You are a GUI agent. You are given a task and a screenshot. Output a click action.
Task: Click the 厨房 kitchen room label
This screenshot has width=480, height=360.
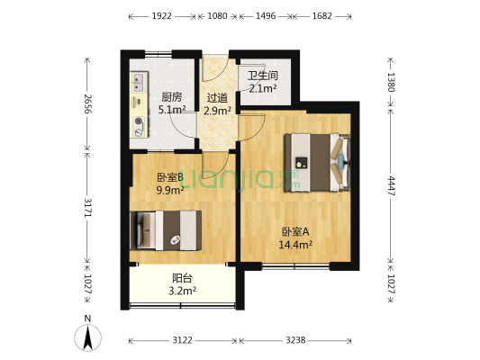(x=172, y=97)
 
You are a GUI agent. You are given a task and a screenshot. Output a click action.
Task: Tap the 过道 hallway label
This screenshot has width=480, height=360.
(x=217, y=97)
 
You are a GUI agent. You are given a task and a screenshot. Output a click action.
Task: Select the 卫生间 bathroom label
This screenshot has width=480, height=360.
(x=263, y=76)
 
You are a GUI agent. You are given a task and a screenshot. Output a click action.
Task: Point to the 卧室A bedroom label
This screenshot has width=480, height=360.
(x=296, y=230)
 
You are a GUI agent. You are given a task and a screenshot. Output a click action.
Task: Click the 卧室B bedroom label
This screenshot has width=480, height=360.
(x=170, y=177)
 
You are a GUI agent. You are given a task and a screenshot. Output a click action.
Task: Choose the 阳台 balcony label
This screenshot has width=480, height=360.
(x=183, y=278)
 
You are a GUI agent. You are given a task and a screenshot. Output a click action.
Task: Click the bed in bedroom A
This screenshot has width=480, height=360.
(x=314, y=162)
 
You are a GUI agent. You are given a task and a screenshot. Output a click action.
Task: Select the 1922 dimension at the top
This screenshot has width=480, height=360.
(x=162, y=16)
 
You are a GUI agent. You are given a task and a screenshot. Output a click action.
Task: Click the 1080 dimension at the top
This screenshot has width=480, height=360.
(x=217, y=16)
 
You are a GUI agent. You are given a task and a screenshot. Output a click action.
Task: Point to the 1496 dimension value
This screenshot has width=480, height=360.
(x=266, y=16)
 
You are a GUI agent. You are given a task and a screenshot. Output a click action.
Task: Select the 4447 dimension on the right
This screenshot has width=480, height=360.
(x=392, y=185)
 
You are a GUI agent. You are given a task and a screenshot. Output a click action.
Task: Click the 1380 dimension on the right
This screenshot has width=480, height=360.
(x=392, y=83)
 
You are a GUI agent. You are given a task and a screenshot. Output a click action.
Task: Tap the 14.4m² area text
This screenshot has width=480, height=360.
(x=296, y=243)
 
